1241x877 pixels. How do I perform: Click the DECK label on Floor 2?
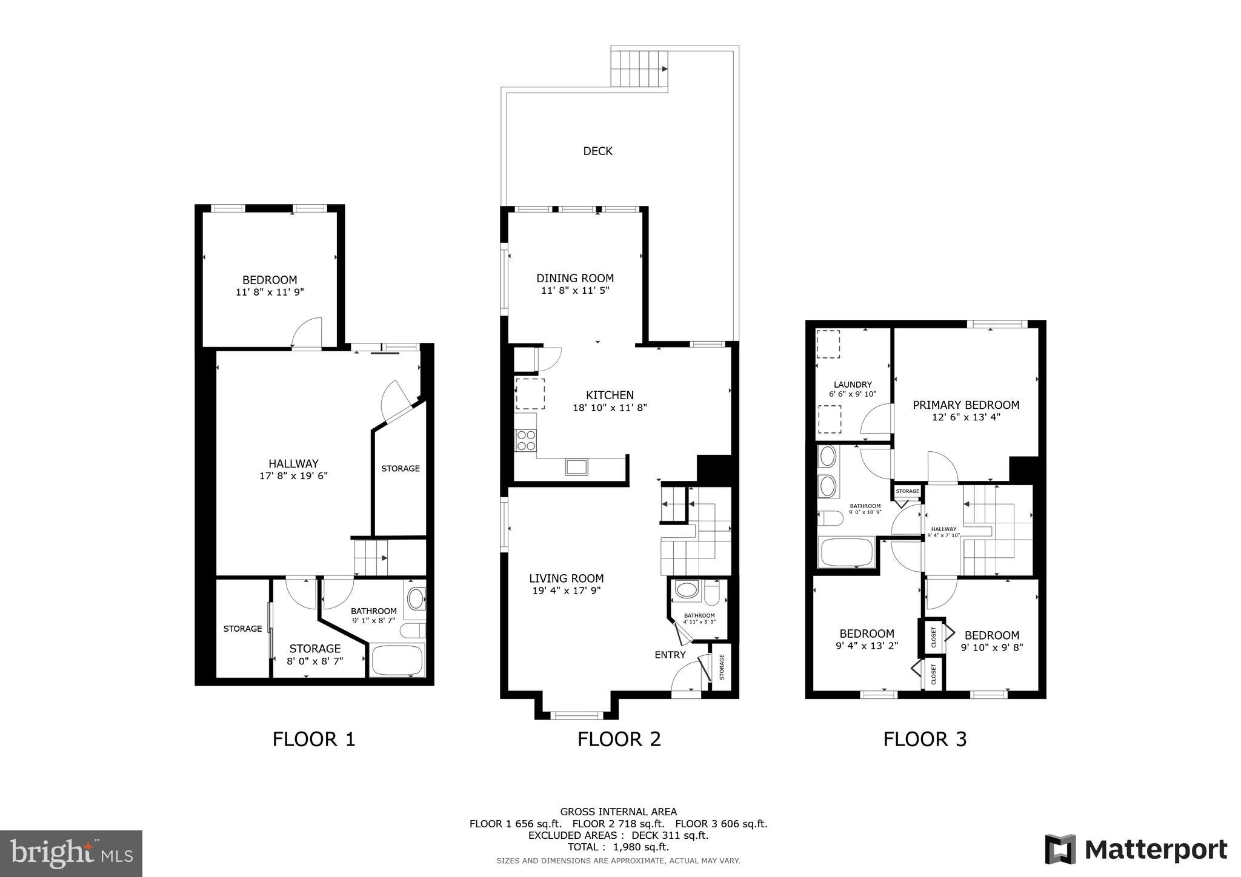(597, 151)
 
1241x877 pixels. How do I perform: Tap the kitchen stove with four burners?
(525, 440)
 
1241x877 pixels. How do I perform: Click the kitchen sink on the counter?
(576, 466)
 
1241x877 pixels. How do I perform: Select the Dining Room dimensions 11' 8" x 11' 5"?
(574, 291)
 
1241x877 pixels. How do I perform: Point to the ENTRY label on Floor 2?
(670, 655)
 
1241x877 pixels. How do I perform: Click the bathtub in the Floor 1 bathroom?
(397, 660)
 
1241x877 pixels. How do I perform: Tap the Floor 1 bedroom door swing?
(307, 333)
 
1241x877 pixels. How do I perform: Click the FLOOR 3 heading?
(925, 739)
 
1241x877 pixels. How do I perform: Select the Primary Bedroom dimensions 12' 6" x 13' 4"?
(966, 417)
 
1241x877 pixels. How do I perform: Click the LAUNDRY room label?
(852, 385)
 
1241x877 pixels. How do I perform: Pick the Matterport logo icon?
(1060, 849)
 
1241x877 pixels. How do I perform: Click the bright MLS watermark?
(72, 853)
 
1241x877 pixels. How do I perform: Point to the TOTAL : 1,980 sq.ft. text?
(618, 847)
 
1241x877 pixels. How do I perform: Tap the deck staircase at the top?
(639, 69)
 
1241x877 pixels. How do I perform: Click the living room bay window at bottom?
(576, 715)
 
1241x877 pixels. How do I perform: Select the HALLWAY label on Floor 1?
(293, 464)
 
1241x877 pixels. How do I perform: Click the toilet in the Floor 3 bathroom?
(830, 518)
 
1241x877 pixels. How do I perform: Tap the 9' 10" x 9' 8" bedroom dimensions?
(991, 647)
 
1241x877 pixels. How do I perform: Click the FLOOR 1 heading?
(313, 739)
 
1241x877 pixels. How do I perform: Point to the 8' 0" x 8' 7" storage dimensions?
(314, 661)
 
